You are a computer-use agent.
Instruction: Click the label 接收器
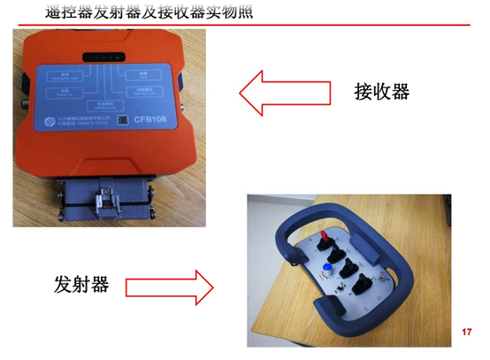click(x=380, y=92)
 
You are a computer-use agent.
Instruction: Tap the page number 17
click(x=468, y=332)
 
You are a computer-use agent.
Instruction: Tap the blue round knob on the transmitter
click(x=327, y=266)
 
